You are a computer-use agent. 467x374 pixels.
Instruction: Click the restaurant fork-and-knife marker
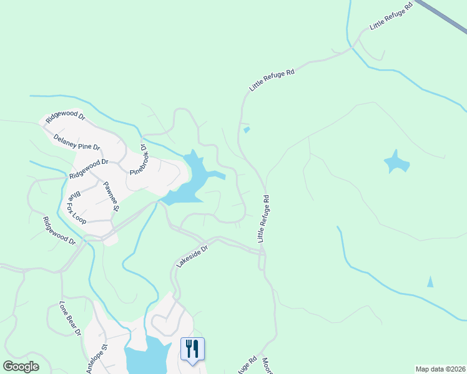pyautogui.click(x=192, y=349)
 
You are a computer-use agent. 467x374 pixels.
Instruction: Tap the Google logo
pyautogui.click(x=21, y=367)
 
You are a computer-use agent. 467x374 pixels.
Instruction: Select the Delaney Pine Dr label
pyautogui.click(x=77, y=142)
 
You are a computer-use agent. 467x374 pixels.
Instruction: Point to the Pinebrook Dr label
pyautogui.click(x=137, y=161)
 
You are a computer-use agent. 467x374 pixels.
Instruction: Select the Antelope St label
pyautogui.click(x=97, y=358)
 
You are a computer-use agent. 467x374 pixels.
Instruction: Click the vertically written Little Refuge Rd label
pyautogui.click(x=264, y=219)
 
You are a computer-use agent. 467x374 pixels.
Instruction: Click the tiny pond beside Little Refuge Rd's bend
pyautogui.click(x=247, y=130)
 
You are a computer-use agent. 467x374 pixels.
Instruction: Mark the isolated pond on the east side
pyautogui.click(x=396, y=162)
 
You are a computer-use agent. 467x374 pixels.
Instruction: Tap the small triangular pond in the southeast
pyautogui.click(x=430, y=282)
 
